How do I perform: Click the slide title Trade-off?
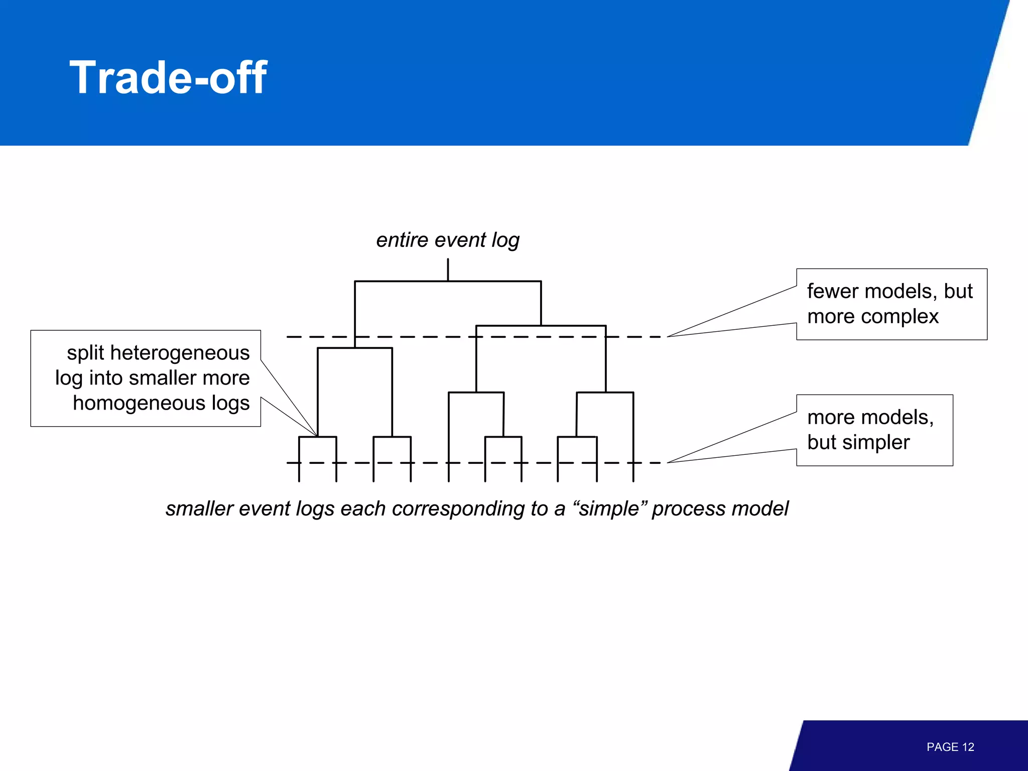click(168, 77)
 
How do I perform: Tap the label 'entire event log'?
click(448, 240)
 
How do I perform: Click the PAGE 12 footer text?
click(950, 747)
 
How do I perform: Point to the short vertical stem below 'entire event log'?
click(448, 270)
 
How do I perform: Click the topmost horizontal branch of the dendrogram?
click(448, 281)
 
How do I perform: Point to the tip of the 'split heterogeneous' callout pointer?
click(317, 435)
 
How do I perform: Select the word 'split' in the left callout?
click(85, 353)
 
